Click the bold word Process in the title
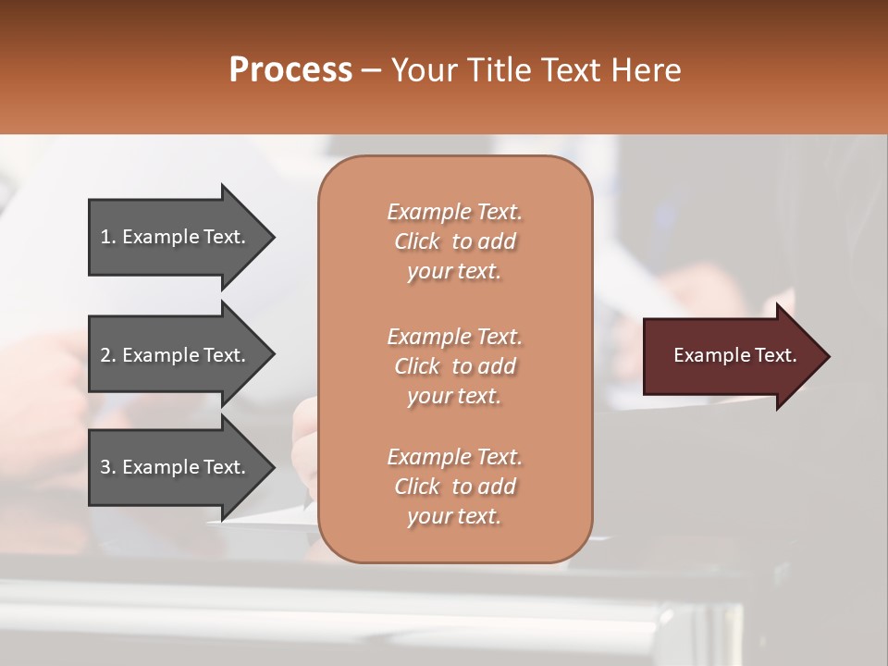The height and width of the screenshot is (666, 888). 290,70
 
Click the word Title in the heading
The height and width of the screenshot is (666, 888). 497,70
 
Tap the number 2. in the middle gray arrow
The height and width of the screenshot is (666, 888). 108,355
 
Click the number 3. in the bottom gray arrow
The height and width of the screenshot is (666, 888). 108,467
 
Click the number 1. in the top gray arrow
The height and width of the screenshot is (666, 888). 108,237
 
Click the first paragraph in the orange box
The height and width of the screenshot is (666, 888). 454,241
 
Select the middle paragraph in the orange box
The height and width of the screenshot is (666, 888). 454,365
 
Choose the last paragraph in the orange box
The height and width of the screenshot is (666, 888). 454,487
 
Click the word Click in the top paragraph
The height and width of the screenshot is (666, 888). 417,241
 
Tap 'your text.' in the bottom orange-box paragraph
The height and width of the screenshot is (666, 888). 454,516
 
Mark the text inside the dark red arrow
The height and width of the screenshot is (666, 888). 735,355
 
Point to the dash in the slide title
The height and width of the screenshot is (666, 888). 371,71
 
